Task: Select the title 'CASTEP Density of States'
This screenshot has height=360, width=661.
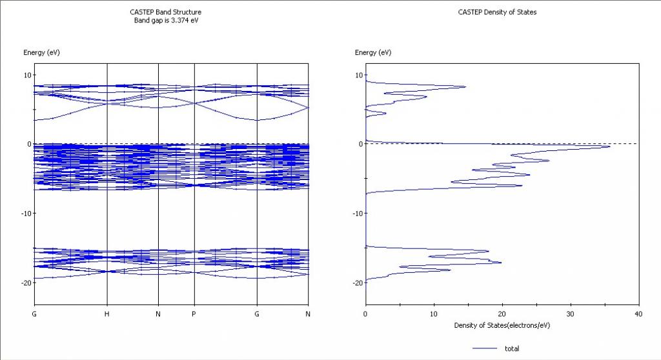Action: pyautogui.click(x=497, y=12)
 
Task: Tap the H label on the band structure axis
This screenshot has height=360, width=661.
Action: pyautogui.click(x=107, y=314)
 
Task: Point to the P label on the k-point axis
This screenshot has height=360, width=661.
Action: pyautogui.click(x=194, y=314)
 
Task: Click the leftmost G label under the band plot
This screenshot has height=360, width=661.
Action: pyautogui.click(x=34, y=314)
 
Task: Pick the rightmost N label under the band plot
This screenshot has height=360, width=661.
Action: pyautogui.click(x=309, y=314)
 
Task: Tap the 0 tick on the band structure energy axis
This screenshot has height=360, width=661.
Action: pyautogui.click(x=28, y=144)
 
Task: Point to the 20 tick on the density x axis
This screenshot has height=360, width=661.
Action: pyautogui.click(x=502, y=314)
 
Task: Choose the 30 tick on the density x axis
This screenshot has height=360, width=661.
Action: pyautogui.click(x=571, y=314)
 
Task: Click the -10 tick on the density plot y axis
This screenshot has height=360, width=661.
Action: pyautogui.click(x=356, y=214)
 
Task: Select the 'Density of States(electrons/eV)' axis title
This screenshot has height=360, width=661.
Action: pyautogui.click(x=502, y=325)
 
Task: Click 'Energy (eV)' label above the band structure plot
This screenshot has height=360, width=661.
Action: pyautogui.click(x=41, y=52)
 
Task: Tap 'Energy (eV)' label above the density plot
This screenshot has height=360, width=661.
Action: pyautogui.click(x=373, y=52)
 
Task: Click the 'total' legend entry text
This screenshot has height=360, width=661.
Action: pyautogui.click(x=512, y=348)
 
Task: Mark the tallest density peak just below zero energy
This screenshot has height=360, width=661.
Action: pyautogui.click(x=609, y=146)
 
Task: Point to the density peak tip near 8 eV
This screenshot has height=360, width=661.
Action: pyautogui.click(x=465, y=86)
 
